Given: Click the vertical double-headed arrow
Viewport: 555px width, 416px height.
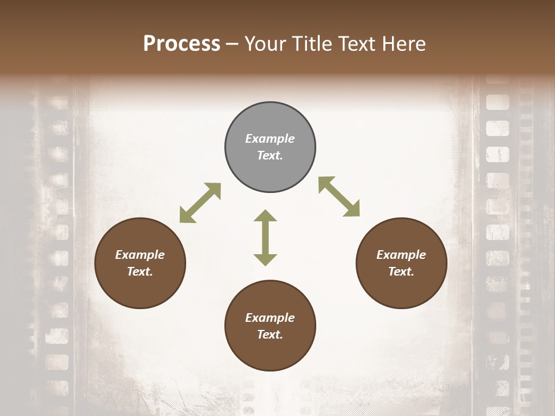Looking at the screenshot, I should (x=265, y=237).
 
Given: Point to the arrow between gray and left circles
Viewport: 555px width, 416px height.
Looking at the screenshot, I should (x=200, y=203).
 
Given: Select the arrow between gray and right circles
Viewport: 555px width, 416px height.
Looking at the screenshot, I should (x=339, y=196).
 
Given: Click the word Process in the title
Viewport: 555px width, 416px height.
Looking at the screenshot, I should (x=182, y=43).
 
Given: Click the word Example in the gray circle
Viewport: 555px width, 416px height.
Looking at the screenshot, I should (x=270, y=139).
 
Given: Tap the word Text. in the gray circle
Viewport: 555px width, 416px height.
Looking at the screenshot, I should (x=270, y=155).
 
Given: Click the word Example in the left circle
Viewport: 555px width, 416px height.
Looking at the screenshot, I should (x=140, y=255).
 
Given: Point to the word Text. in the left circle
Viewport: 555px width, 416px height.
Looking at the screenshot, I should (x=140, y=272).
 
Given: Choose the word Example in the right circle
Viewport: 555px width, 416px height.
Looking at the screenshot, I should (x=401, y=255).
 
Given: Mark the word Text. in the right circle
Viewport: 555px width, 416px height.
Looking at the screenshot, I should (x=401, y=272).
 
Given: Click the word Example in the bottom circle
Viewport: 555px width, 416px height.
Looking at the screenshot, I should (x=270, y=318).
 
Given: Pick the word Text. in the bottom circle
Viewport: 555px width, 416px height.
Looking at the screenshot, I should (x=270, y=335).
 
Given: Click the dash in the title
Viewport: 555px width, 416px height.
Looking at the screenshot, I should (x=232, y=44).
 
